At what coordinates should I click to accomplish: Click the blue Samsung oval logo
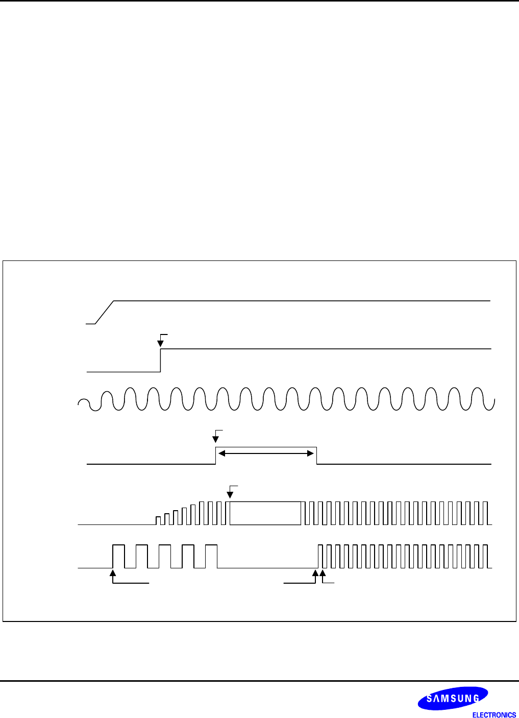pyautogui.click(x=453, y=698)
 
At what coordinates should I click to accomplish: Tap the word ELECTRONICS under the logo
pyautogui.click(x=494, y=715)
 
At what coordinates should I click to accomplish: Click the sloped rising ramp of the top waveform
pyautogui.click(x=104, y=312)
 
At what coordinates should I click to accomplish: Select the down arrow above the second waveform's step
pyautogui.click(x=161, y=341)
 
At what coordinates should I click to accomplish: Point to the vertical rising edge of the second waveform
pyautogui.click(x=161, y=361)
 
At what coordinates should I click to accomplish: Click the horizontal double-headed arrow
pyautogui.click(x=266, y=453)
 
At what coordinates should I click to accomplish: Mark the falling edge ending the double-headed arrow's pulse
pyautogui.click(x=316, y=456)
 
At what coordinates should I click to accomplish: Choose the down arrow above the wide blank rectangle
pyautogui.click(x=230, y=493)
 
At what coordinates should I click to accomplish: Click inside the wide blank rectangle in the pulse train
pyautogui.click(x=265, y=513)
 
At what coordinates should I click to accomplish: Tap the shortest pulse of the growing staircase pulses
pyautogui.click(x=158, y=520)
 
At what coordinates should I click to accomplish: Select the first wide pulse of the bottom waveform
pyautogui.click(x=118, y=556)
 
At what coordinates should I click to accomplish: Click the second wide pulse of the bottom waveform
pyautogui.click(x=142, y=556)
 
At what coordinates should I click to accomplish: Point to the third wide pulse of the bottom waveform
pyautogui.click(x=165, y=556)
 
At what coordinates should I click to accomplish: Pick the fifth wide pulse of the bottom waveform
pyautogui.click(x=211, y=556)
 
